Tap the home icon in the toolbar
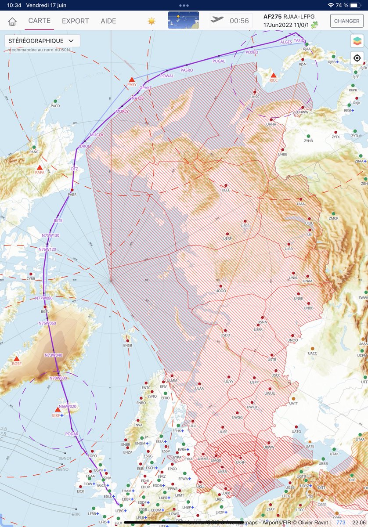(12, 21)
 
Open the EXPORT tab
(75, 21)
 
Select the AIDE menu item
(108, 21)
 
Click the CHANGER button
(346, 21)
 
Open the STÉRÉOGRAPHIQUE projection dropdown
(42, 41)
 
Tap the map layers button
(357, 41)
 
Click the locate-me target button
(357, 58)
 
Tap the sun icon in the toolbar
(152, 21)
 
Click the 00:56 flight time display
(239, 21)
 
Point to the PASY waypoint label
(132, 84)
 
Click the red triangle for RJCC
(274, 75)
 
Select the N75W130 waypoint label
(51, 235)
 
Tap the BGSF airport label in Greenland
(17, 364)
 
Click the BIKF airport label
(56, 415)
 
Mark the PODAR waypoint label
(72, 434)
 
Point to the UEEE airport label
(226, 190)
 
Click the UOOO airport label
(221, 290)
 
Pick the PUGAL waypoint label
(219, 61)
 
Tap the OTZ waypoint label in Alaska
(74, 169)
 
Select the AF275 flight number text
(273, 17)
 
